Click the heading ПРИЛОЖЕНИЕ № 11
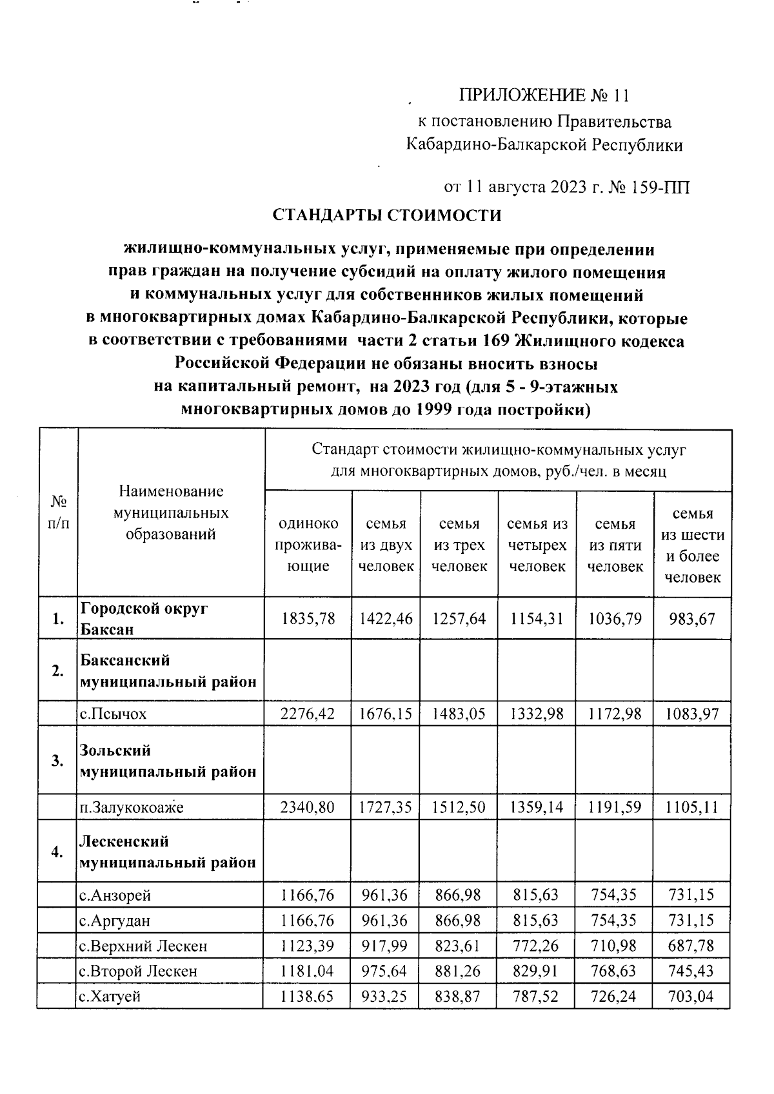pos(543,96)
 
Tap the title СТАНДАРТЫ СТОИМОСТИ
pos(386,215)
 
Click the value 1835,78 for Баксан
pos(308,619)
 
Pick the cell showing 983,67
pos(692,619)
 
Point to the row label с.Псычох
pos(113,714)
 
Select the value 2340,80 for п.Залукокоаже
pos(308,807)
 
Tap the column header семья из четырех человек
pos(537,545)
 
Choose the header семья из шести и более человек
pos(693,545)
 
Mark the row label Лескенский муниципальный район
pos(168,852)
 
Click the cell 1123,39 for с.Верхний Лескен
pos(308,946)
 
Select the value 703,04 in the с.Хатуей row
pos(692,996)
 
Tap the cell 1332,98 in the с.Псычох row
pos(537,714)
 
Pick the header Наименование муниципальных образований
pos(171,513)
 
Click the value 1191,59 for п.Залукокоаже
pos(615,807)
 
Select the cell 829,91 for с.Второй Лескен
pos(537,971)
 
